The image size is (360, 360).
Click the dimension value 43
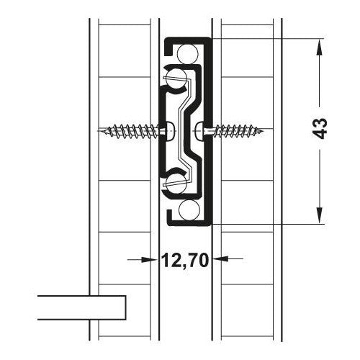pyautogui.click(x=320, y=128)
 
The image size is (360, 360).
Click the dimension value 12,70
pyautogui.click(x=184, y=260)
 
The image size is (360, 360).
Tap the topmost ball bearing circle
pyautogui.click(x=188, y=54)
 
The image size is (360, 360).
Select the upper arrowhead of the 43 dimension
pyautogui.click(x=319, y=48)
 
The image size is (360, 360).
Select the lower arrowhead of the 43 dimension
pyautogui.click(x=319, y=215)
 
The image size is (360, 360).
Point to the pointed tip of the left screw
pyautogui.click(x=99, y=131)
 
